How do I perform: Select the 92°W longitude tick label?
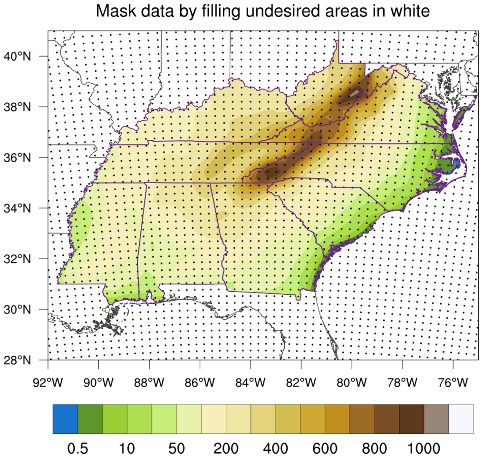48,381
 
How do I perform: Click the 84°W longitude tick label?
251,381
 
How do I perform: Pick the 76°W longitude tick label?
453,381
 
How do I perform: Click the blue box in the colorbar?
65,419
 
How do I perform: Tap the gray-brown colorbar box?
436,419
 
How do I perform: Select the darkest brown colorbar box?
412,419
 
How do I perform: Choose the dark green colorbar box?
90,419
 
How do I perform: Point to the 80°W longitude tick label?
352,381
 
